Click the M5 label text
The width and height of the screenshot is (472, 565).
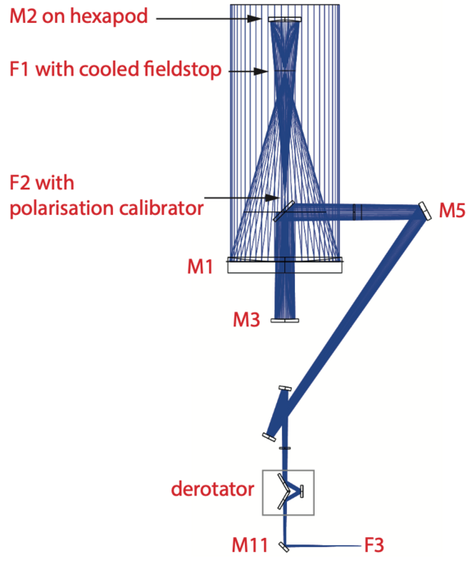[452, 211]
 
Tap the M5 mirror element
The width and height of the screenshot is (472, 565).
[424, 212]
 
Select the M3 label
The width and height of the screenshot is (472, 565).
[247, 320]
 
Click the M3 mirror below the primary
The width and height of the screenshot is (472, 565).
[284, 321]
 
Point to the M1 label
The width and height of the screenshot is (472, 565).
[200, 267]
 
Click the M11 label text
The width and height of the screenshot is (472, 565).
[250, 544]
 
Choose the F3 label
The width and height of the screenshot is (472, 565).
[374, 545]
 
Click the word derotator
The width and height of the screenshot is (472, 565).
[212, 489]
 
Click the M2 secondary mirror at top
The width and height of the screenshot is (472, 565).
[285, 20]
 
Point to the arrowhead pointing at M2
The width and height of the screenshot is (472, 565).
[254, 19]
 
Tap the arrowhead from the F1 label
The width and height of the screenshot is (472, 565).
[261, 71]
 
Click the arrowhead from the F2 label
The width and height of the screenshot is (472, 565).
[273, 198]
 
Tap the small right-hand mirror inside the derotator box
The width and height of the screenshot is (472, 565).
[302, 491]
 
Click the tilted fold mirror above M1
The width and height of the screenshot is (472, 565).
[284, 211]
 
